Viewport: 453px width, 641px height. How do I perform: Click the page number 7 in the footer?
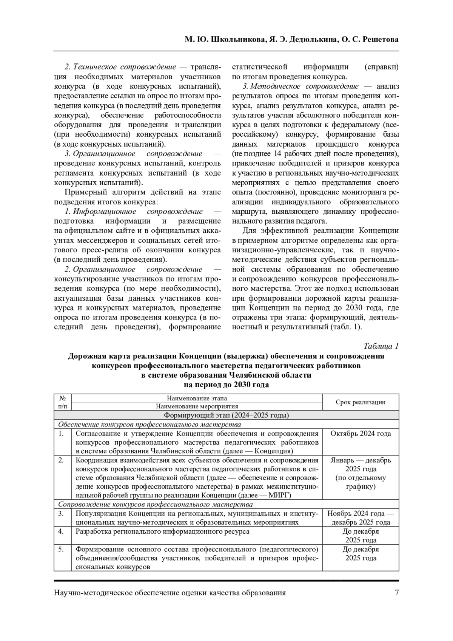coord(396,593)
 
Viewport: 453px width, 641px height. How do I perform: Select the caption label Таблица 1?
coord(381,346)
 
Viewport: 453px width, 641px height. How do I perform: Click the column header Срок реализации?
coord(361,402)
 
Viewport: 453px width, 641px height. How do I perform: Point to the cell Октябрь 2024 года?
coord(361,433)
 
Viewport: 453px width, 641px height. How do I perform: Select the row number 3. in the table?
coord(61,513)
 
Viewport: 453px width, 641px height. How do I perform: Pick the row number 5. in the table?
coord(61,549)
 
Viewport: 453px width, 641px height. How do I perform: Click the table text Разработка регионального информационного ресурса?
coord(162,531)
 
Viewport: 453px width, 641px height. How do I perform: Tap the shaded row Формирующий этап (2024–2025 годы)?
coord(226,415)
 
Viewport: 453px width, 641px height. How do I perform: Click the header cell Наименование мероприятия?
coord(197,406)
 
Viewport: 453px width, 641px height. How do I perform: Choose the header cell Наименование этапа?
coord(197,398)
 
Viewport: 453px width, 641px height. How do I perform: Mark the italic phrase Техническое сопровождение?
coord(124,67)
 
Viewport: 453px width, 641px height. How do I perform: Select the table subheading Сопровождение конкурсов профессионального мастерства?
coord(155,505)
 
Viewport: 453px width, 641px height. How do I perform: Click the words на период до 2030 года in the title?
coord(226,385)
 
